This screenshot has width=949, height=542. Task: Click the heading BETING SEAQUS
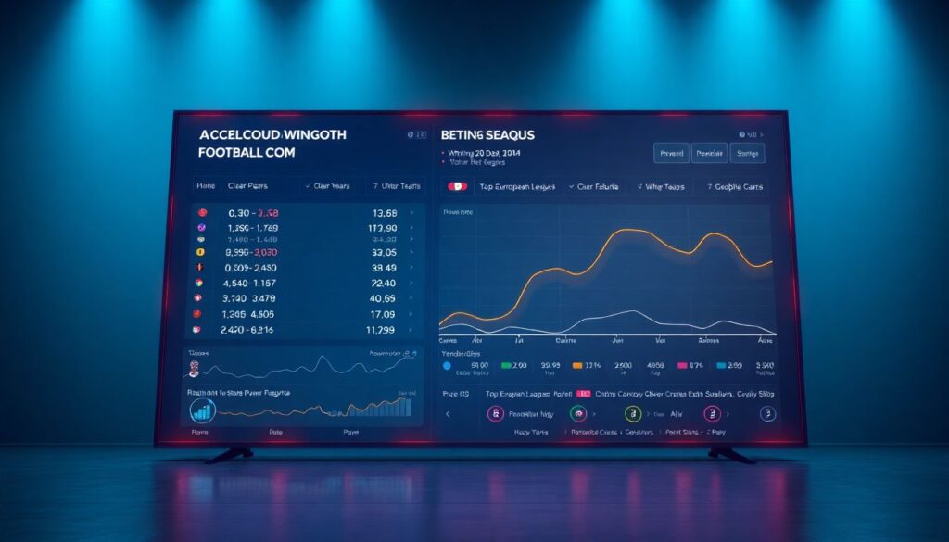488,135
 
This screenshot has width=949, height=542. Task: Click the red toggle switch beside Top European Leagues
457,186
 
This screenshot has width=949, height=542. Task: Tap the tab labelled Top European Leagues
517,186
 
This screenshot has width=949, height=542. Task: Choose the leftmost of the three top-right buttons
670,153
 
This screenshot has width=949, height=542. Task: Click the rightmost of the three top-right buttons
747,153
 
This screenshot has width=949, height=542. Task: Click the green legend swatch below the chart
506,366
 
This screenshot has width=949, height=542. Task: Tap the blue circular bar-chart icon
202,410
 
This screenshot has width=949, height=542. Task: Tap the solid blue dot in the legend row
448,366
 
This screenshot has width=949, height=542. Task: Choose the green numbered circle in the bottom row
633,414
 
